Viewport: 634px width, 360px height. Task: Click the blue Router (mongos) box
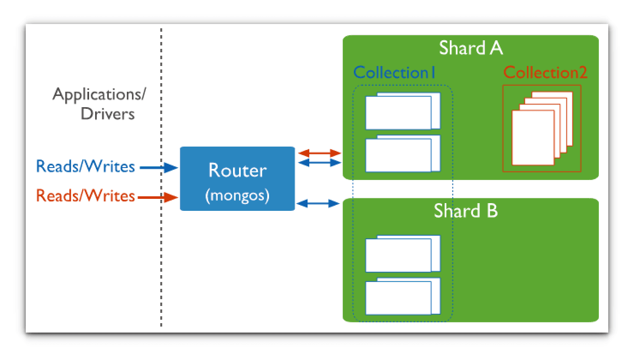[237, 179]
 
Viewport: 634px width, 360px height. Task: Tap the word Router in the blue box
[237, 170]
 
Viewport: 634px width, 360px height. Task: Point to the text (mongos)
[237, 195]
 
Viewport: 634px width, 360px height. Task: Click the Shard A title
[470, 48]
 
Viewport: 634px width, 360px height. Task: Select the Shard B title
[466, 211]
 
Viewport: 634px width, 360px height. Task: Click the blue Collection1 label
[394, 72]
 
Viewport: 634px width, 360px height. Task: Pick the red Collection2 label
[545, 72]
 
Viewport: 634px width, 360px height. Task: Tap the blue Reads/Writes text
[85, 166]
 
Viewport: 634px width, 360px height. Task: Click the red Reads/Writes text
[85, 196]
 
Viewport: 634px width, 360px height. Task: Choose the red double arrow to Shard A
[319, 153]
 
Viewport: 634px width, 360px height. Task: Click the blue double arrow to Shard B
[318, 204]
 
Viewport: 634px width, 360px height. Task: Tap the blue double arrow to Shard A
[319, 162]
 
